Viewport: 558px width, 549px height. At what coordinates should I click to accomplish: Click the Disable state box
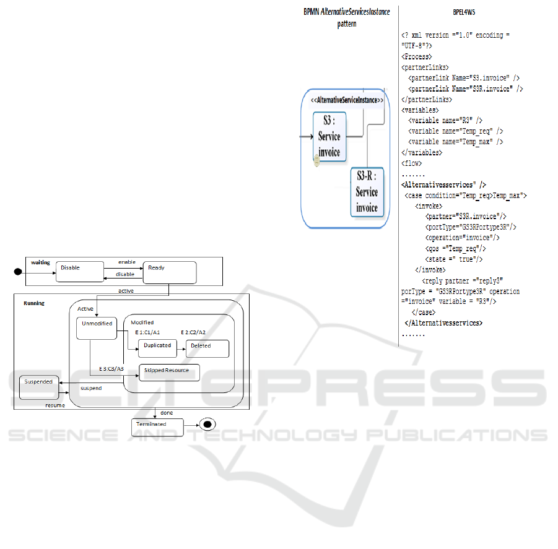[x=79, y=272]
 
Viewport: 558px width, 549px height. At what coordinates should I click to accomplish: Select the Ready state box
[x=169, y=272]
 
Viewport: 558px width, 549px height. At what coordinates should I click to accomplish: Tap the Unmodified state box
[x=96, y=328]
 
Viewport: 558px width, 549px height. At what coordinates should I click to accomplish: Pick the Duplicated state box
[x=157, y=348]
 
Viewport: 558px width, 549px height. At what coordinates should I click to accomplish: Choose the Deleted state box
[x=207, y=348]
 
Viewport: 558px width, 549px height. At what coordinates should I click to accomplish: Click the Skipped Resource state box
[x=168, y=372]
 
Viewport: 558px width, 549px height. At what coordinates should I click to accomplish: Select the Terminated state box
[x=157, y=426]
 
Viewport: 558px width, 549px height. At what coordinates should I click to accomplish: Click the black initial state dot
[x=19, y=272]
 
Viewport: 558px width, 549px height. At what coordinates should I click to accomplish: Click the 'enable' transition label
[x=127, y=262]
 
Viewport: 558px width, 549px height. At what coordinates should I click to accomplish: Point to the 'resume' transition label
[x=54, y=405]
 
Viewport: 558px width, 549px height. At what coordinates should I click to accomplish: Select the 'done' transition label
[x=167, y=413]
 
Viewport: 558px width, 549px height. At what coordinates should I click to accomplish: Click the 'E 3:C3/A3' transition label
[x=111, y=370]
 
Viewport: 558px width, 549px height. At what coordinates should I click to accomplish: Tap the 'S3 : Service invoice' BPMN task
[x=329, y=136]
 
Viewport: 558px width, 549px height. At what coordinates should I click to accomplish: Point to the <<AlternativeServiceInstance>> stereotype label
[x=347, y=100]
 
